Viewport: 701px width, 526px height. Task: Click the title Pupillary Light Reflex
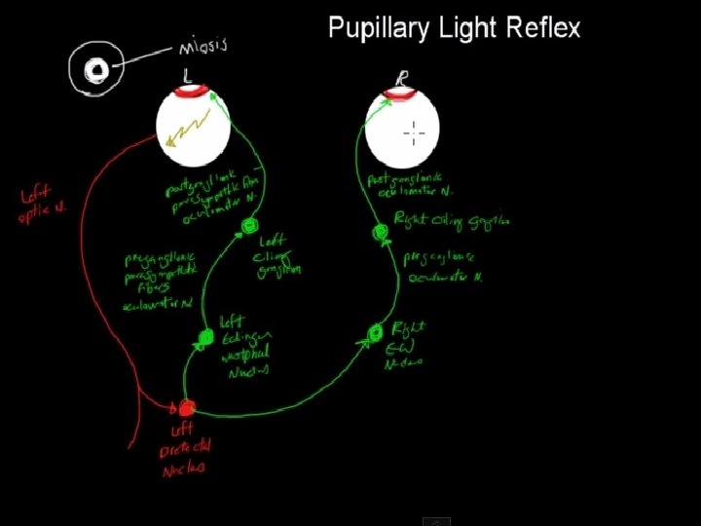[454, 27]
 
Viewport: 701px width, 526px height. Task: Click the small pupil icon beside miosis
[96, 69]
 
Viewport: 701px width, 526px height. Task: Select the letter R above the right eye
[402, 76]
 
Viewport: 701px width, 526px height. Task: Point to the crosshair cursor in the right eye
[414, 131]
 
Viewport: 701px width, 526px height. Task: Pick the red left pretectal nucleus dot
[184, 407]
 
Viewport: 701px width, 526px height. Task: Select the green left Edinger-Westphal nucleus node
[205, 338]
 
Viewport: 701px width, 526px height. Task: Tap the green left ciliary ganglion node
[248, 227]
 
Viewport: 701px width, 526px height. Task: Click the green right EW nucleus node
[378, 334]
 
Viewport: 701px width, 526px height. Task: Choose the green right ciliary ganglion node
[381, 233]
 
